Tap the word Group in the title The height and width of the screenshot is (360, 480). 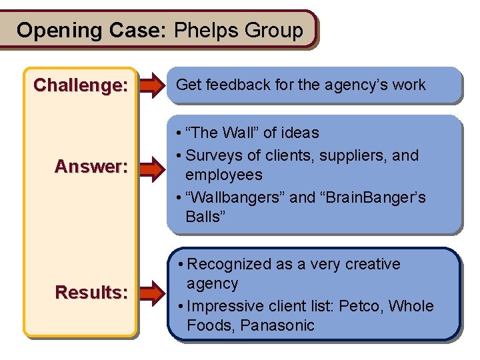[x=274, y=31]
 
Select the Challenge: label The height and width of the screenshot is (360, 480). [x=81, y=85]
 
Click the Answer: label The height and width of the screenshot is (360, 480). [x=91, y=166]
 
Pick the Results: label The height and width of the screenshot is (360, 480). [x=91, y=292]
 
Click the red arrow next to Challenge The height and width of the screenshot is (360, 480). [x=151, y=85]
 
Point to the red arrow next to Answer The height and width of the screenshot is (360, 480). [x=151, y=166]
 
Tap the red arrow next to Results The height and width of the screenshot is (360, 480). [x=151, y=292]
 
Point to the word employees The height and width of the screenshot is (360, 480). [x=223, y=175]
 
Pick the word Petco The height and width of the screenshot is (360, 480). [x=360, y=306]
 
